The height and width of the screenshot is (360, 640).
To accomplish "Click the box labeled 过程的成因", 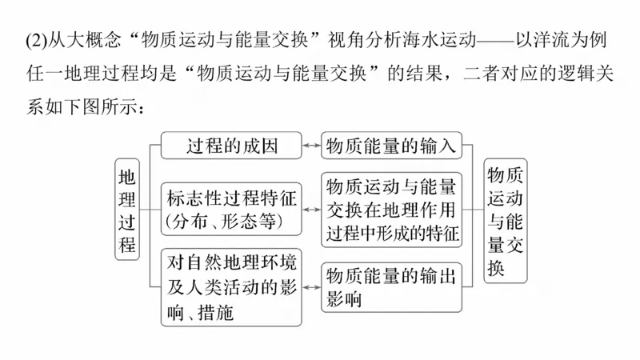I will [232, 146].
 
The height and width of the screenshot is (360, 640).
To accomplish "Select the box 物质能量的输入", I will [391, 146].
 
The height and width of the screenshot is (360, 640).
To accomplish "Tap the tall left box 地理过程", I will [127, 210].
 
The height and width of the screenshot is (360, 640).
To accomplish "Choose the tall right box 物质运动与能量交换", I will [506, 220].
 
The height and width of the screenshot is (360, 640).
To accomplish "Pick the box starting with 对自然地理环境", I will [232, 286].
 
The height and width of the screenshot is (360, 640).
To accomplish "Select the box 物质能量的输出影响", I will [391, 286].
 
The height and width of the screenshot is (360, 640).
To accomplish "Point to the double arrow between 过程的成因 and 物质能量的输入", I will [312, 146].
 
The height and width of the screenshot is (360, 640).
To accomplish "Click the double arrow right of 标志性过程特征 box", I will [312, 210].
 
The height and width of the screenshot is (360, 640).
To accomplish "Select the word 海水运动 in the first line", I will [445, 38].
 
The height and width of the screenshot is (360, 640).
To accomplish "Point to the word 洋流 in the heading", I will [554, 38].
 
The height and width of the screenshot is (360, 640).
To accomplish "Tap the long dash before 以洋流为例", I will [498, 38].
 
